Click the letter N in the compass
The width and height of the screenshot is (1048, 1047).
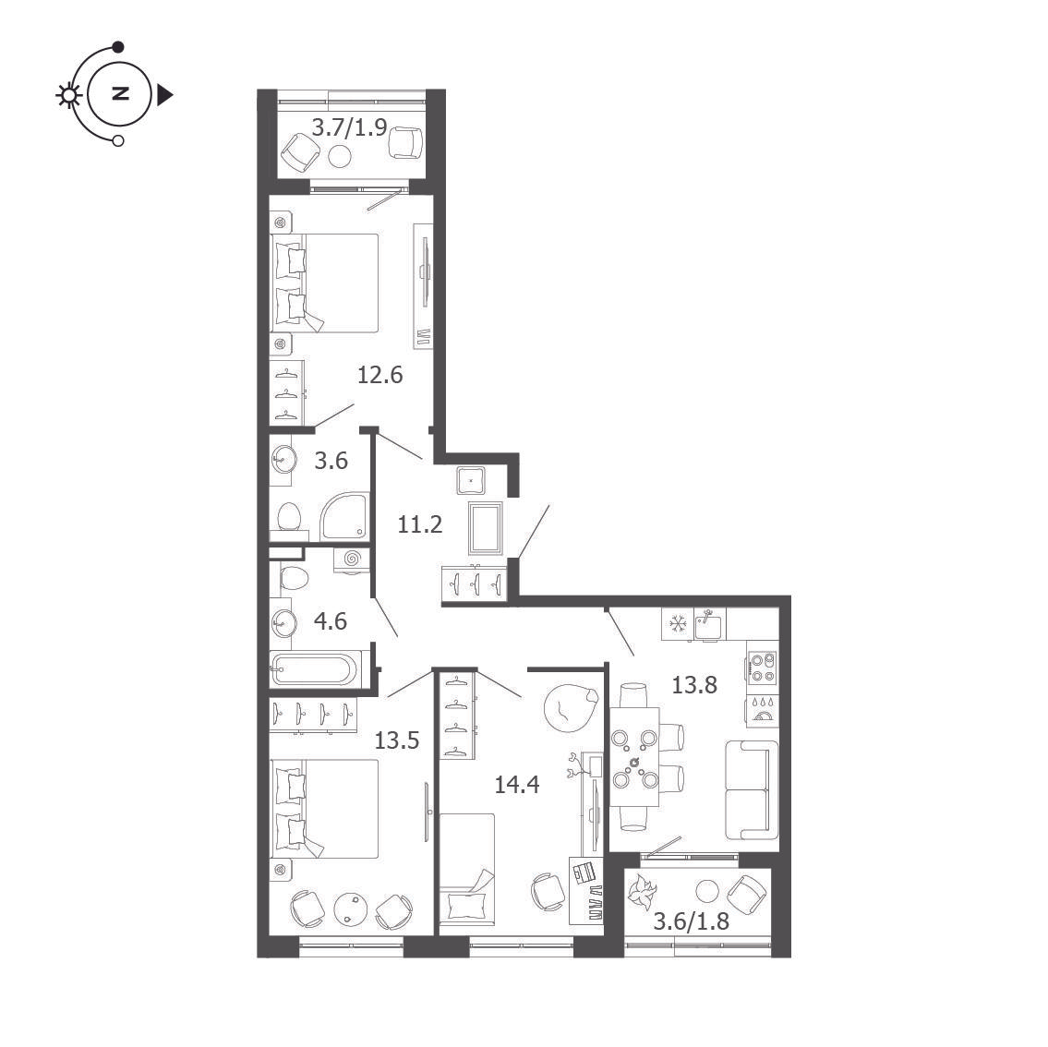[120, 93]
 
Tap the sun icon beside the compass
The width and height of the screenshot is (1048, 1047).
[68, 95]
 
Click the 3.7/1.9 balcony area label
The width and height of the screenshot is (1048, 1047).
[349, 126]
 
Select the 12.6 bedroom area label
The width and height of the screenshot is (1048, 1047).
[379, 375]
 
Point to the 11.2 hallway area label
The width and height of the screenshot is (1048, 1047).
[420, 524]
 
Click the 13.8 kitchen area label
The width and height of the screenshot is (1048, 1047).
[694, 685]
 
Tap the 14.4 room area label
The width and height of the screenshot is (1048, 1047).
[517, 785]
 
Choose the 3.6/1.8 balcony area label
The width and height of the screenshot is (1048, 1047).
[691, 921]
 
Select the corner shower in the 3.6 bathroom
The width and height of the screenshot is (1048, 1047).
[345, 516]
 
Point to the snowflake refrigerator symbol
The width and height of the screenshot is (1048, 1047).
[678, 624]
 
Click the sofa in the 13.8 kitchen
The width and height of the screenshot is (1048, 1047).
[752, 789]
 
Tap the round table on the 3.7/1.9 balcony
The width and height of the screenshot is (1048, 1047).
[340, 157]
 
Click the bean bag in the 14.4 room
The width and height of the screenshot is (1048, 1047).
[570, 708]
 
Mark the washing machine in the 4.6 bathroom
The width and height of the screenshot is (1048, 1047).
[352, 560]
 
